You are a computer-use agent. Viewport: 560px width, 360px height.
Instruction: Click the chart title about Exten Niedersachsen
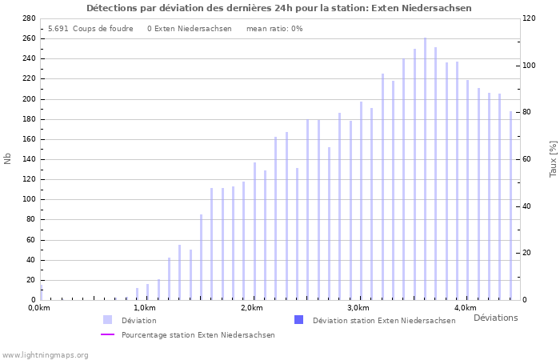[x=279, y=8]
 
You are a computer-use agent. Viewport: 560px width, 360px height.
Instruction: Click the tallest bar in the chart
[x=425, y=168]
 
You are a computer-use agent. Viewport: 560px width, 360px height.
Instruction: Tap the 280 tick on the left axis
[x=29, y=18]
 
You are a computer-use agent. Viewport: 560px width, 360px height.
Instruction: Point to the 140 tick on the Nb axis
[x=29, y=159]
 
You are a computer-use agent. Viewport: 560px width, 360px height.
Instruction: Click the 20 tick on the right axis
[x=529, y=253]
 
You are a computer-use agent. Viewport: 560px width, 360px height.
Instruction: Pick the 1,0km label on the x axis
[x=144, y=308]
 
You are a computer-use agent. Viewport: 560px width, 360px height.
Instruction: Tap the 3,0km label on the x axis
[x=358, y=308]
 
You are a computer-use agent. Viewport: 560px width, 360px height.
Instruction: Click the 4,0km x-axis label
[x=465, y=308]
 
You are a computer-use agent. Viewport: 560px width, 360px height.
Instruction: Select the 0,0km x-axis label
[x=38, y=308]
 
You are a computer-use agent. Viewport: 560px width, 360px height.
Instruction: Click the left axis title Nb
[x=8, y=158]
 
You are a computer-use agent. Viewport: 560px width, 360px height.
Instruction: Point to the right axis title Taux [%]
[x=553, y=158]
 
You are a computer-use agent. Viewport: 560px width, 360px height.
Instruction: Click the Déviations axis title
[x=495, y=318]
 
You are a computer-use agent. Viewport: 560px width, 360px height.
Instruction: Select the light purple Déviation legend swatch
[x=107, y=320]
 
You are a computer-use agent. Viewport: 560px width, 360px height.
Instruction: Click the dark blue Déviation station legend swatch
[x=298, y=320]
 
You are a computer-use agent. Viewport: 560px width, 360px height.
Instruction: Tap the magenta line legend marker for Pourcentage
[x=107, y=335]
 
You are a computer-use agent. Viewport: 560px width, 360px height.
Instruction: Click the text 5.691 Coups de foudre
[x=90, y=28]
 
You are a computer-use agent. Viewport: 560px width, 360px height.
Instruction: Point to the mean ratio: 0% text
[x=274, y=28]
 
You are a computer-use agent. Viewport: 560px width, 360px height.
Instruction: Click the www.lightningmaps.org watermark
[x=45, y=354]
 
